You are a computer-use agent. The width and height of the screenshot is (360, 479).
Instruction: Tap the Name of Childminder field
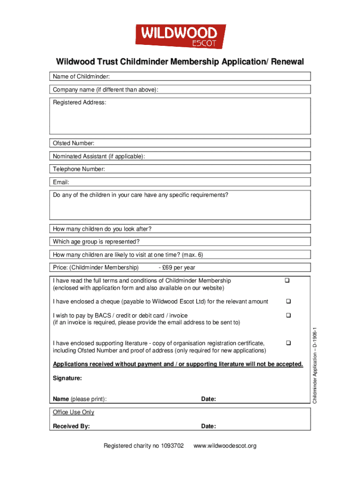point(210,77)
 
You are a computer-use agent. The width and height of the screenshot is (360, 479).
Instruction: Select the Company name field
point(234,90)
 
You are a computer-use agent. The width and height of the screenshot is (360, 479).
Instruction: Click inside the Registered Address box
point(180,119)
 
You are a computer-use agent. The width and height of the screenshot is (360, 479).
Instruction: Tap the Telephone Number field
point(206,169)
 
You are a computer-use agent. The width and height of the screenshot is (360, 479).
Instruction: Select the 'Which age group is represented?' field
point(224,242)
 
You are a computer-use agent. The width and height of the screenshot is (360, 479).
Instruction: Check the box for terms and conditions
point(288,281)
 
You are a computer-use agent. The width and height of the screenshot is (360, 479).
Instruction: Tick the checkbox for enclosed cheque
point(288,301)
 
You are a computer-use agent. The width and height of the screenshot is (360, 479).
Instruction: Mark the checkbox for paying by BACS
point(288,316)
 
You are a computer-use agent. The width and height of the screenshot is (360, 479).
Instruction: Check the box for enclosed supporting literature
point(288,343)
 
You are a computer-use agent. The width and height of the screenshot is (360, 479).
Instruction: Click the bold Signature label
point(67,377)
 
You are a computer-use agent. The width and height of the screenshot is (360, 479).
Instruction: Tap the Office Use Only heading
point(73,412)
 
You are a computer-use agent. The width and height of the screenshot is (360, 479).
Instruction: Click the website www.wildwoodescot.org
point(225,446)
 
